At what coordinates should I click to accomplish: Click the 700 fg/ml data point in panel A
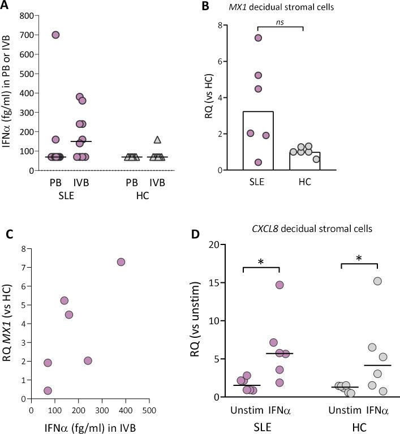pyautogui.click(x=55, y=35)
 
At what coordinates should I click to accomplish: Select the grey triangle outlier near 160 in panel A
pyautogui.click(x=158, y=140)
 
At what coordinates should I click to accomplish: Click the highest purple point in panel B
pyautogui.click(x=258, y=38)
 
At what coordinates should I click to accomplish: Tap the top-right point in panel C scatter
pyautogui.click(x=121, y=262)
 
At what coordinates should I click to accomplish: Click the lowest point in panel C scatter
pyautogui.click(x=48, y=390)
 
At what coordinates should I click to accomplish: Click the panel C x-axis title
pyautogui.click(x=89, y=426)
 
